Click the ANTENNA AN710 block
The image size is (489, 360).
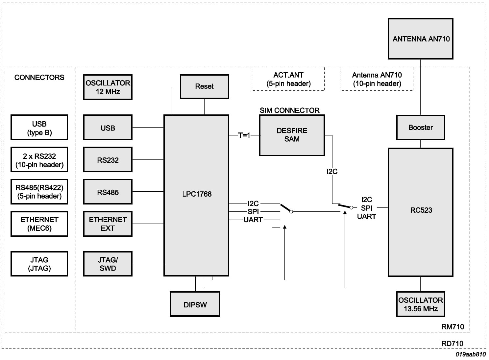click(x=421, y=39)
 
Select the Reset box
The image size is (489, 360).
click(x=204, y=86)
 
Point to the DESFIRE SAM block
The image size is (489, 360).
click(x=292, y=135)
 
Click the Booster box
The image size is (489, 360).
click(x=421, y=127)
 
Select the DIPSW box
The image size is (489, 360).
click(x=195, y=304)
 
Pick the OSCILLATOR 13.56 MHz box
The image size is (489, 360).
click(x=421, y=304)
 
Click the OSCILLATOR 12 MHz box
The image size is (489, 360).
click(x=108, y=87)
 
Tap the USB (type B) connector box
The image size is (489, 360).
click(x=39, y=128)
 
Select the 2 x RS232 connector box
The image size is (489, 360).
click(x=39, y=160)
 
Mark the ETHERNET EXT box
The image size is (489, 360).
click(x=108, y=224)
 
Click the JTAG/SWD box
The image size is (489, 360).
click(x=108, y=264)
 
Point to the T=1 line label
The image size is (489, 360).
click(x=244, y=135)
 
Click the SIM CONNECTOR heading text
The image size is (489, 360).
click(x=289, y=110)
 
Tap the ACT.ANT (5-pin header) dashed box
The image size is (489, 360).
click(x=288, y=79)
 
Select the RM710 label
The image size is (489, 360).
click(x=452, y=326)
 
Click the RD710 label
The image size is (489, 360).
click(x=452, y=343)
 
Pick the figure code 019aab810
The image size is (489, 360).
click(x=470, y=354)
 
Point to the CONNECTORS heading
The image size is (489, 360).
click(x=39, y=78)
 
